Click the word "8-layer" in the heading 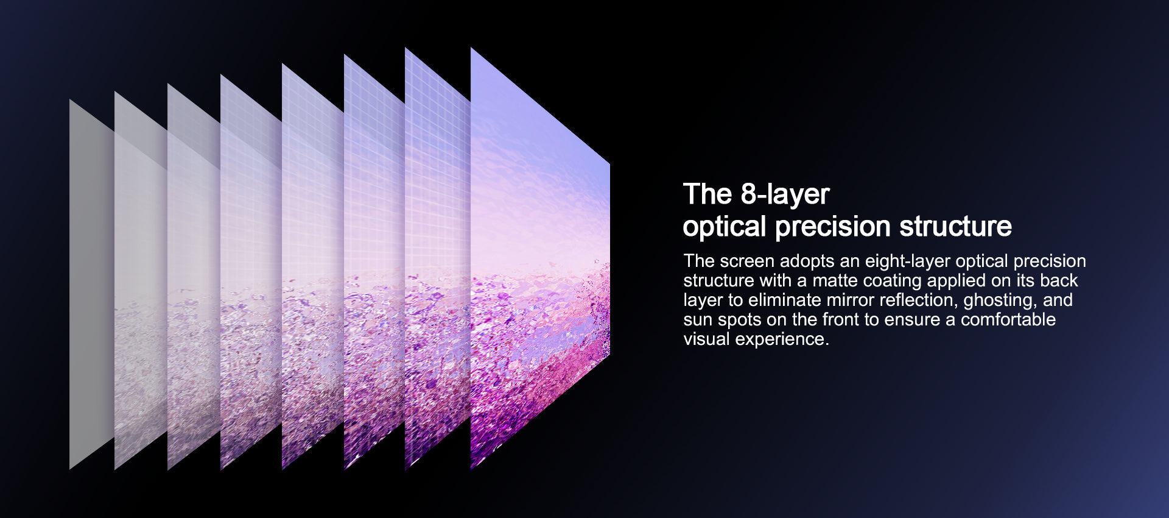point(785,194)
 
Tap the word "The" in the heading point(707,194)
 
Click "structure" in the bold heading point(955,226)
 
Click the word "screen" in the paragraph point(747,261)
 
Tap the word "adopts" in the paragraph point(807,262)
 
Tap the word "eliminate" point(785,300)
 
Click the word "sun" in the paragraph point(698,321)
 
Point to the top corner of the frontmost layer point(471,49)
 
